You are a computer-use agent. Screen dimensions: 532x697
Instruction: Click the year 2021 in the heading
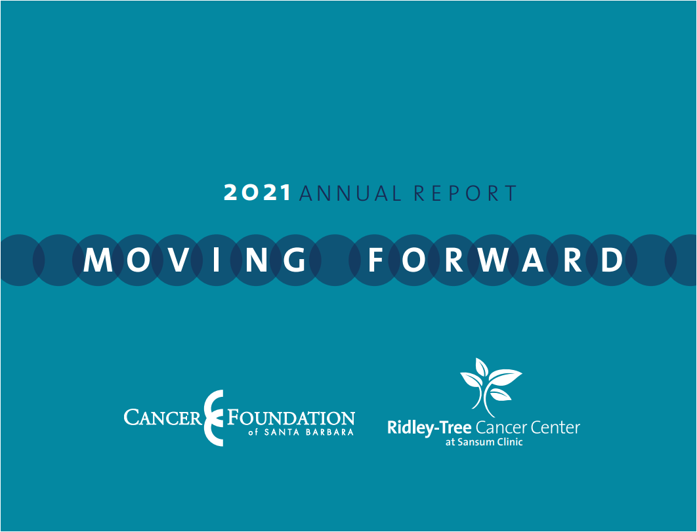(x=257, y=193)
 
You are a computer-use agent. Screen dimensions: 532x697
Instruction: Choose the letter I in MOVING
(x=216, y=260)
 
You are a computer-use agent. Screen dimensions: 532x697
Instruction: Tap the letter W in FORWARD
(x=494, y=260)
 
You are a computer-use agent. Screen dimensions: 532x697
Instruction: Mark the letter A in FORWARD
(x=535, y=260)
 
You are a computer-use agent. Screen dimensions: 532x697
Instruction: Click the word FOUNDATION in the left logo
(x=291, y=418)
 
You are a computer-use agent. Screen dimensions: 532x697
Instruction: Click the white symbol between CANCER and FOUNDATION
(x=213, y=418)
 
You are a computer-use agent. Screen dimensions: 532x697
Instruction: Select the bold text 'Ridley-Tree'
(x=429, y=428)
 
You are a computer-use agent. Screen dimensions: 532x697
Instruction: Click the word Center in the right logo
(x=555, y=428)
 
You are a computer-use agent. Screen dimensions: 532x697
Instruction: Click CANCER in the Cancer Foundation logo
(x=163, y=418)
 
